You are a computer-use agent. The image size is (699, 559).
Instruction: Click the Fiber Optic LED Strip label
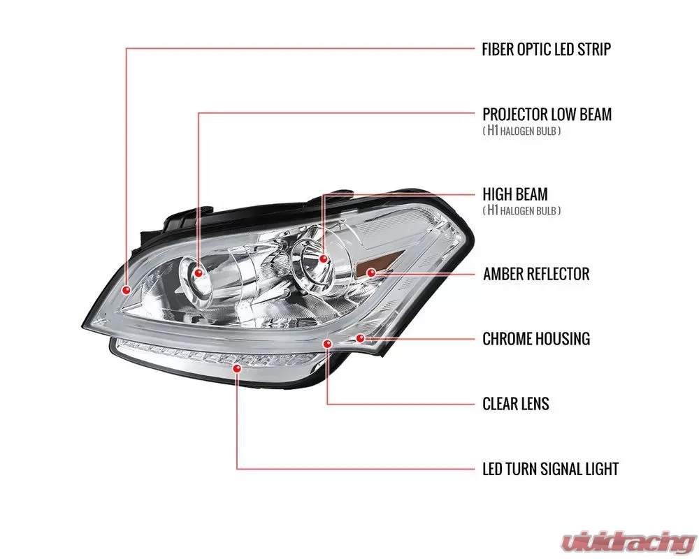click(547, 50)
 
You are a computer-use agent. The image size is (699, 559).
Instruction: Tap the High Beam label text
click(515, 194)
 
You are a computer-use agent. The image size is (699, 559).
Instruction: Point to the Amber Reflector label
click(536, 273)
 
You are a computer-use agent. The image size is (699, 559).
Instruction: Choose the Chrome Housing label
click(536, 339)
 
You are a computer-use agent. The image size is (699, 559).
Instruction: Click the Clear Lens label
click(516, 404)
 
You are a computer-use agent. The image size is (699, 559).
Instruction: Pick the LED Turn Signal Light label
click(550, 469)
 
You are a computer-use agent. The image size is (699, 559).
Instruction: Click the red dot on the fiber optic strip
click(127, 289)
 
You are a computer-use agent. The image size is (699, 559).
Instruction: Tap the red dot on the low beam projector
click(199, 271)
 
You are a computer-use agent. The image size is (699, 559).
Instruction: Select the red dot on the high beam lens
click(324, 259)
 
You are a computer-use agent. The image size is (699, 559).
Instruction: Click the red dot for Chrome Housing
click(360, 338)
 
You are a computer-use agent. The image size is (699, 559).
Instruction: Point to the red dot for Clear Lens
click(327, 344)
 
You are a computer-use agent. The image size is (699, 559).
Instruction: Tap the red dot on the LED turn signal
click(238, 366)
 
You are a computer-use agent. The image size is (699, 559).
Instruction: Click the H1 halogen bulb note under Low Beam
click(521, 131)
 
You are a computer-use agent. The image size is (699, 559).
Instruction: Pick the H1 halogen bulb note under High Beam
click(521, 210)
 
